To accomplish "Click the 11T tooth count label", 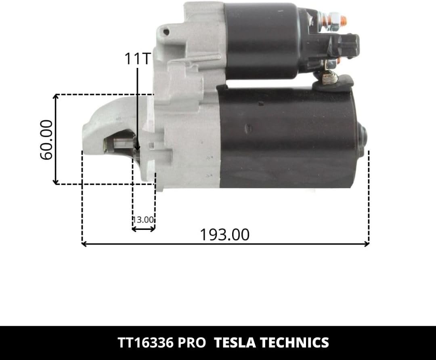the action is pyautogui.click(x=138, y=59).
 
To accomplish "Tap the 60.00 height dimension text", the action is pyautogui.click(x=46, y=140).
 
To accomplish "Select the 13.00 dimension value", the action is pyautogui.click(x=143, y=220).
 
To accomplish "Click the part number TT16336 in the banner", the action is pyautogui.click(x=146, y=343).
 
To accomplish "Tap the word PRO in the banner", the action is pyautogui.click(x=192, y=343).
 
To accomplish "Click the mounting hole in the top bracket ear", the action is pyautogui.click(x=166, y=32).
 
